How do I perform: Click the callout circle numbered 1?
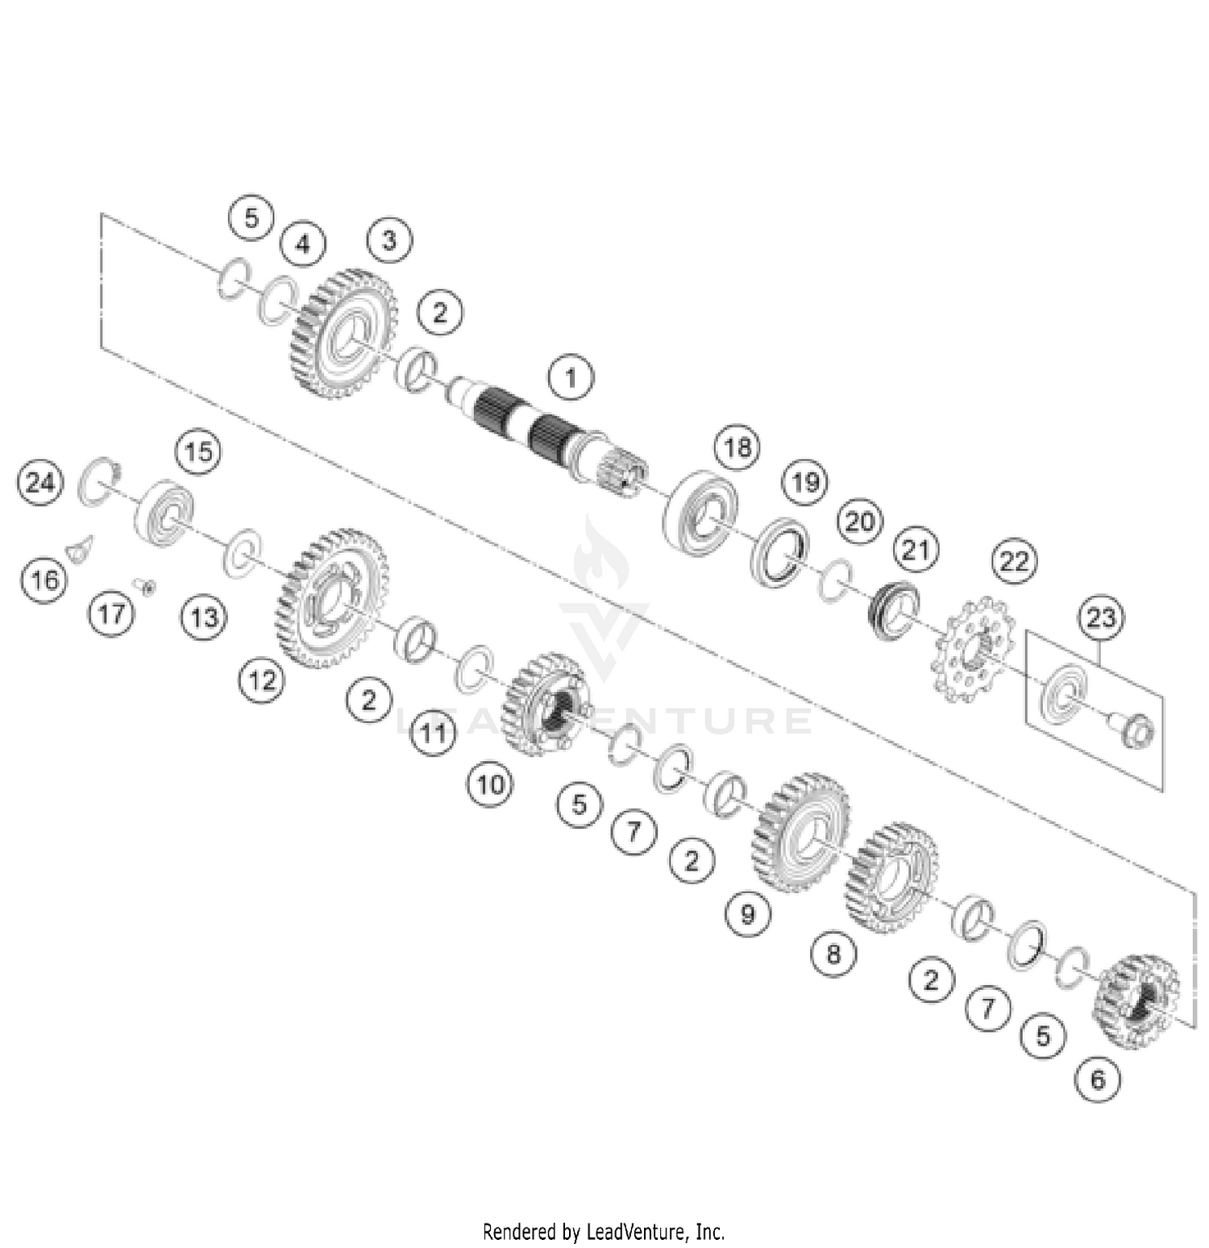pos(571,376)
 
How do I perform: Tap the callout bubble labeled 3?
pos(389,239)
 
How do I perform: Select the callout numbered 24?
pos(40,482)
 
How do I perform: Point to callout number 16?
pos(45,579)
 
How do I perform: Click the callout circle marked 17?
pos(112,613)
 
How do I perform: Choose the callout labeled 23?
pos(1101,618)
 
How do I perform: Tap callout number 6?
pos(1099,1078)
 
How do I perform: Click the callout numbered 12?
pos(262,680)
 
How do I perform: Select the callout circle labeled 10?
pos(491,784)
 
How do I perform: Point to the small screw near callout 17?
pos(147,587)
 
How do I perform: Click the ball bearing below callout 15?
pos(164,512)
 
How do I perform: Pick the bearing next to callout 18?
pos(699,512)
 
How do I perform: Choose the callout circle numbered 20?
pos(859,521)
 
